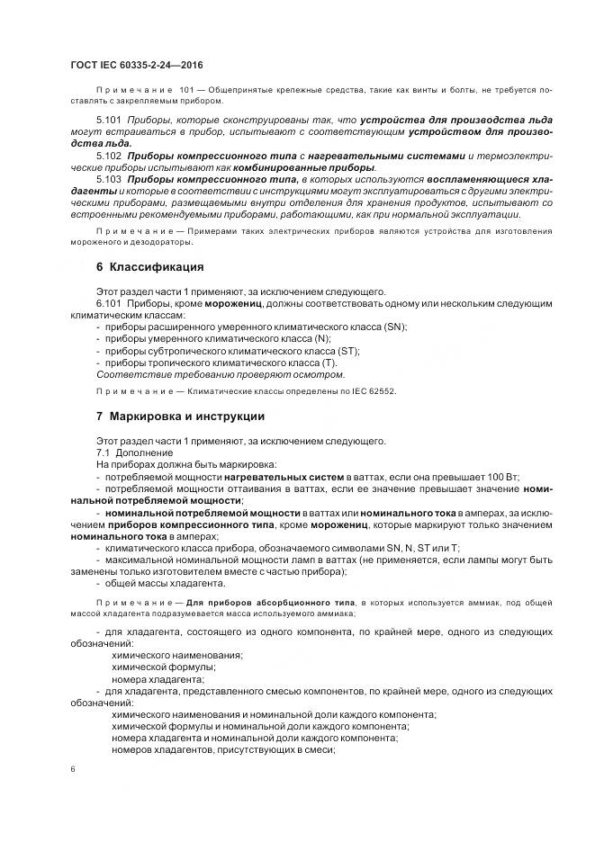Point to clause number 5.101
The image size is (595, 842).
pos(108,120)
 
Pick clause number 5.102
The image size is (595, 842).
pos(108,156)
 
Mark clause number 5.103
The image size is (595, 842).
pos(108,179)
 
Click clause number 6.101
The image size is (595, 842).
pos(108,303)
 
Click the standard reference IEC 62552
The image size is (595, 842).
pos(369,391)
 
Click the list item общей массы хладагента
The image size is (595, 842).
pos(160,582)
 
